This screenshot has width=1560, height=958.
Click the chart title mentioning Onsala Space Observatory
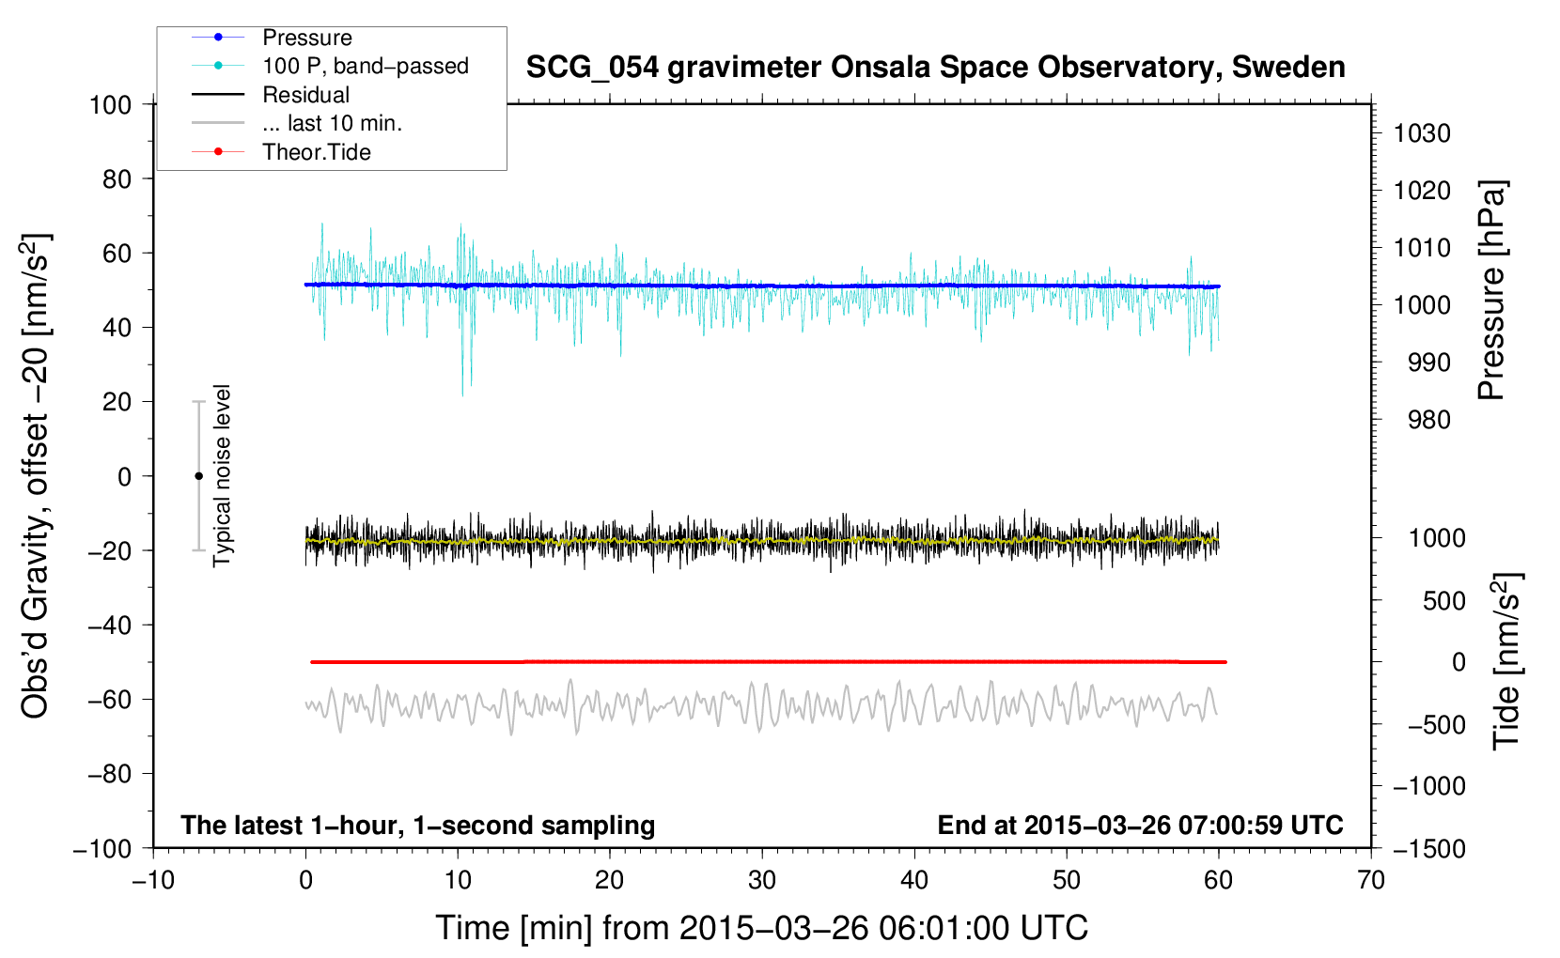click(935, 68)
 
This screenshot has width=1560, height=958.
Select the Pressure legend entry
click(306, 38)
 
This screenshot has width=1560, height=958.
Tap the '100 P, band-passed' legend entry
click(365, 67)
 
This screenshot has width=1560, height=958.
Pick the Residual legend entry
click(305, 95)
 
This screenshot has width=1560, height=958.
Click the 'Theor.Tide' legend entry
click(316, 152)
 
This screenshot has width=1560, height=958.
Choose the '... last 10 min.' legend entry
click(332, 124)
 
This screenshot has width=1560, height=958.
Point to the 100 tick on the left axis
click(111, 104)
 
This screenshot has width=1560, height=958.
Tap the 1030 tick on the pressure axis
click(1422, 133)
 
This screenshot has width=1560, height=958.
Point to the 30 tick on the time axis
click(762, 880)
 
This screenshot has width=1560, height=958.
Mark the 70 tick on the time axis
click(1371, 880)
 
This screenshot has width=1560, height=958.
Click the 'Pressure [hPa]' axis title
click(1492, 290)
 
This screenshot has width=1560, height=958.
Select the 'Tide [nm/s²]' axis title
click(1506, 661)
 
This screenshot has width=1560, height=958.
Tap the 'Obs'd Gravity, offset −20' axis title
click(36, 476)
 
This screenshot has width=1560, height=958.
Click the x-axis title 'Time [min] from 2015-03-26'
click(761, 928)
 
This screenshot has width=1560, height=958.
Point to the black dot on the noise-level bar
click(198, 476)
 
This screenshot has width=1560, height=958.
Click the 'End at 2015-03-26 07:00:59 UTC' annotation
click(1140, 826)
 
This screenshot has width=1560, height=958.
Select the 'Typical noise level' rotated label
click(222, 476)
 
